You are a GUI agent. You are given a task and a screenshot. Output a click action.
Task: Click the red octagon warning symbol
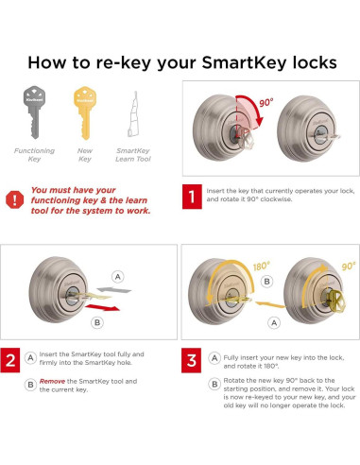[15, 199]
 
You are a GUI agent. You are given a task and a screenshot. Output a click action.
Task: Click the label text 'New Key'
[86, 154]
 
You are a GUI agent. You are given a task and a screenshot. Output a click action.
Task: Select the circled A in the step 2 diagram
[117, 277]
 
